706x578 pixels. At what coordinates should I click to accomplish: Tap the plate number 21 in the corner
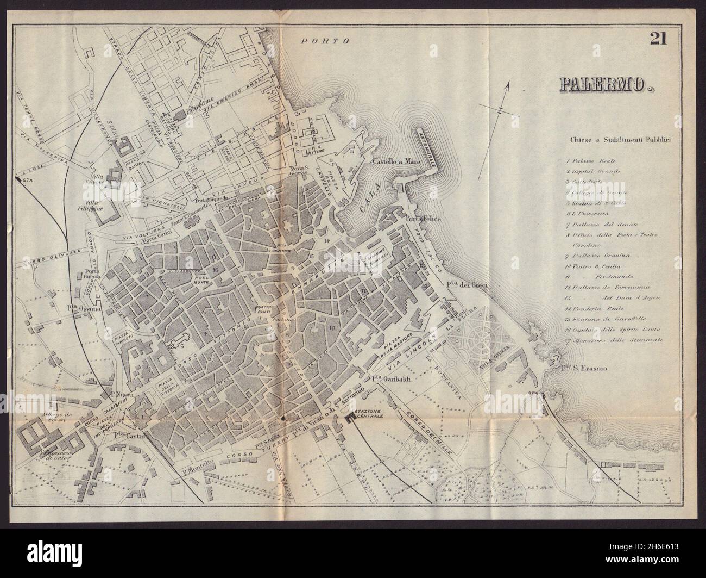click(658, 53)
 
